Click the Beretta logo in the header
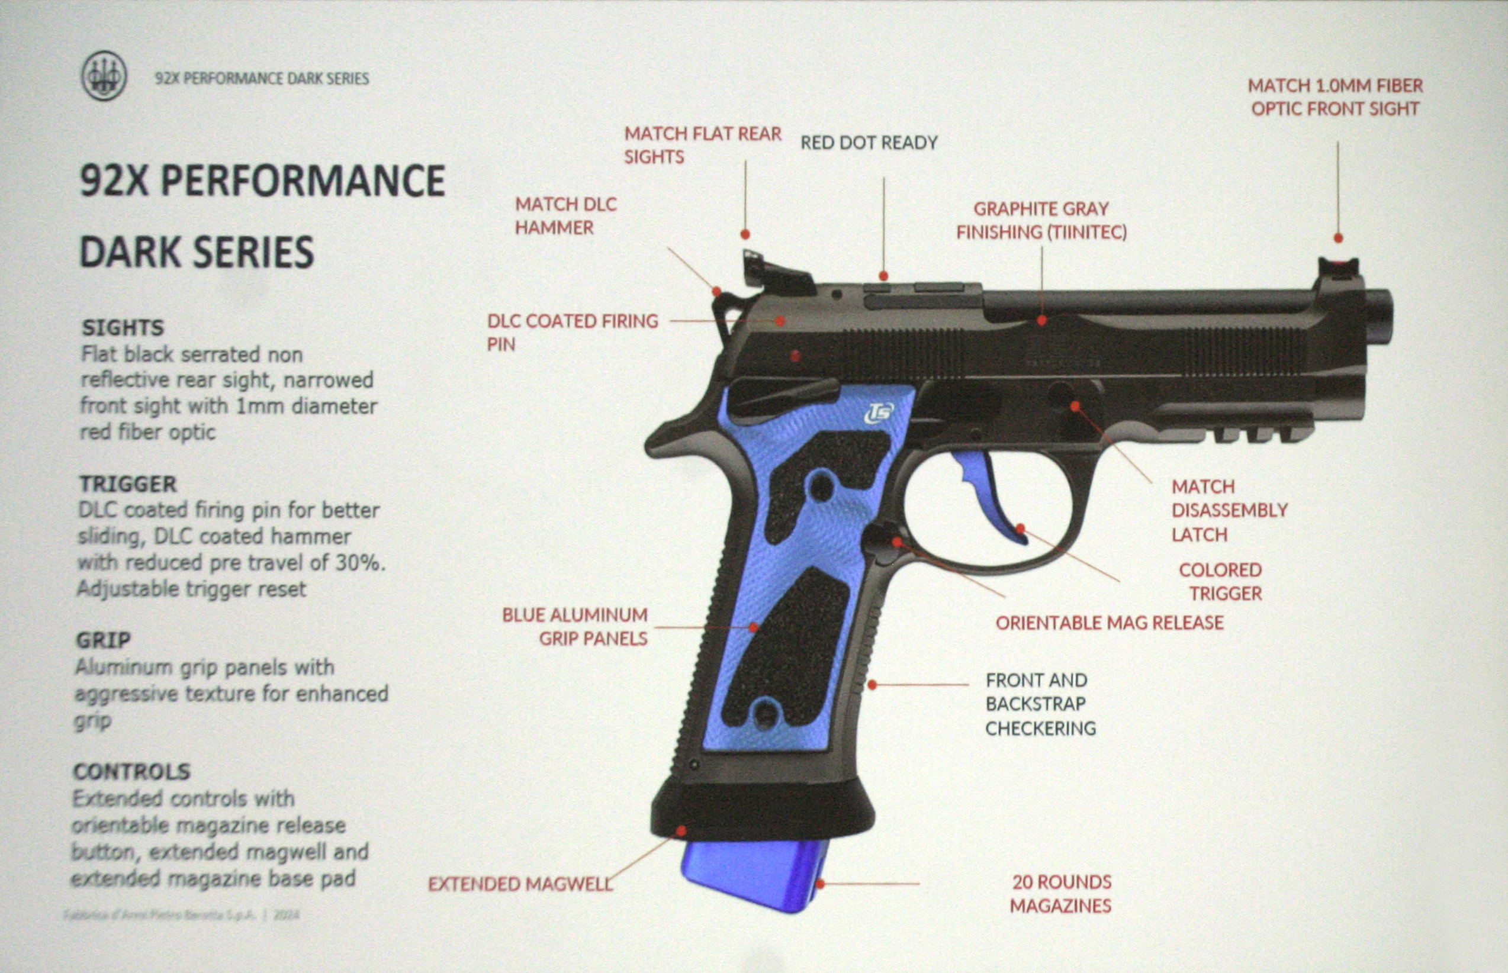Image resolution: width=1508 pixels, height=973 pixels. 104,76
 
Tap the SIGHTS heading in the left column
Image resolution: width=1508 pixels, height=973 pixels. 123,327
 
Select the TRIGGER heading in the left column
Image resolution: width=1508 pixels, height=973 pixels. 128,484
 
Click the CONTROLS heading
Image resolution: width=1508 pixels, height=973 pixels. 131,771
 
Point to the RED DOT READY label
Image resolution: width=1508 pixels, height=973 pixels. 869,143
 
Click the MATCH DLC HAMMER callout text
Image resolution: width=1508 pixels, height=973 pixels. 565,215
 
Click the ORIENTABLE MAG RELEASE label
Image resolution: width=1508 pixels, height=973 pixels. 1109,623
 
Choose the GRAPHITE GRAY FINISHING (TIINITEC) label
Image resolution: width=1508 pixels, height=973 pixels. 1041,221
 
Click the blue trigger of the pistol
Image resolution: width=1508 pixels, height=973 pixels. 992,499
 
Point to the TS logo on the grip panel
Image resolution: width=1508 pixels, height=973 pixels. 879,413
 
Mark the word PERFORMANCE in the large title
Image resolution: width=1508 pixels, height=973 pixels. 303,181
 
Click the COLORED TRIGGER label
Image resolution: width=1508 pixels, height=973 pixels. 1221,581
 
